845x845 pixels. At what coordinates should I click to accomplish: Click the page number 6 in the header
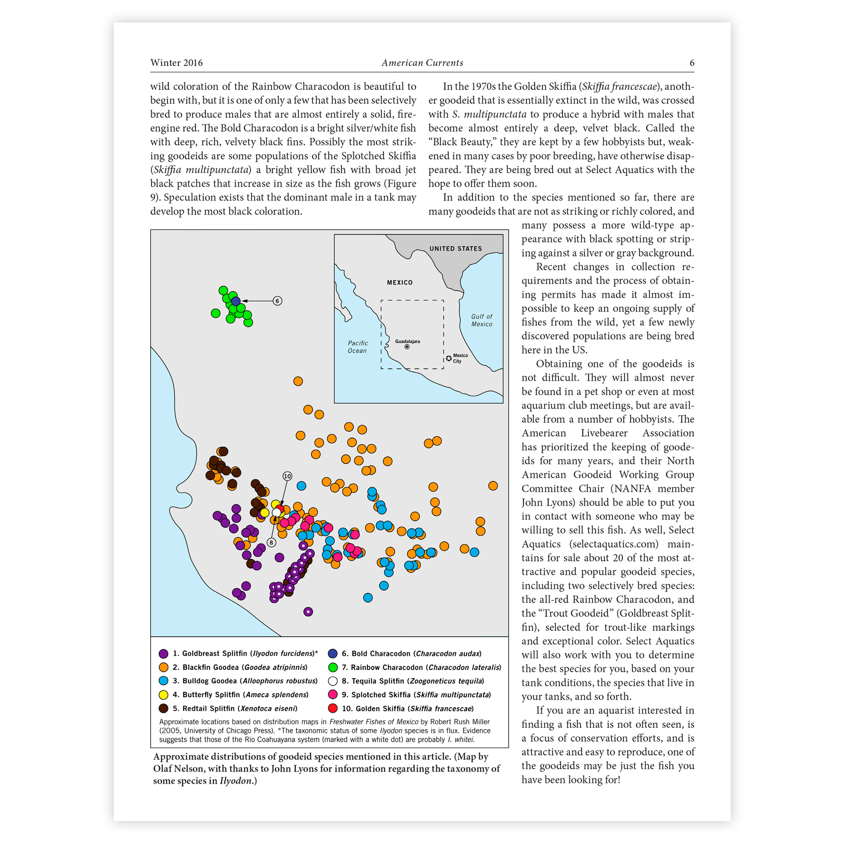[x=692, y=63]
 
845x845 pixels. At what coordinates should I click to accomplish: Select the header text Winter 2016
[x=177, y=63]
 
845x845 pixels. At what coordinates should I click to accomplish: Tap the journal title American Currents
[x=422, y=63]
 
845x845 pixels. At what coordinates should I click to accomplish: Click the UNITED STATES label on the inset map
[x=456, y=249]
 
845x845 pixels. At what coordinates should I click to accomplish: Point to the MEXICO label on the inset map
[x=400, y=282]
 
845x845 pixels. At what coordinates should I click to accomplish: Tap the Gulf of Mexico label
[x=482, y=320]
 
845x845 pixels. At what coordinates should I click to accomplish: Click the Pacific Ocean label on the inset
[x=357, y=347]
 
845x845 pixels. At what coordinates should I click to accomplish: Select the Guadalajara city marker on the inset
[x=407, y=347]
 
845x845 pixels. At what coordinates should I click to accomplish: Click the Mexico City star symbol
[x=449, y=358]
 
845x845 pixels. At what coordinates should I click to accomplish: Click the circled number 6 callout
[x=278, y=301]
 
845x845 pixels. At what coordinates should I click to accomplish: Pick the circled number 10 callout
[x=287, y=476]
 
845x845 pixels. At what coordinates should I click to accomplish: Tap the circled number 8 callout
[x=272, y=543]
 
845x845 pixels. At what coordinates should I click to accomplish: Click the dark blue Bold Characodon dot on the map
[x=236, y=301]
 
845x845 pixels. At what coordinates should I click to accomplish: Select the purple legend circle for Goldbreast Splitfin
[x=163, y=654]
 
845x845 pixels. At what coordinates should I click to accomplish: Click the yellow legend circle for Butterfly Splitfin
[x=163, y=695]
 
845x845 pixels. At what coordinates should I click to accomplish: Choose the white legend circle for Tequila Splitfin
[x=333, y=681]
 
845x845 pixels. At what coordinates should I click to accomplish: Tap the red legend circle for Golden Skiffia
[x=333, y=709]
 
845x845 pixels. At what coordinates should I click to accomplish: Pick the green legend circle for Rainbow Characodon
[x=333, y=667]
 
